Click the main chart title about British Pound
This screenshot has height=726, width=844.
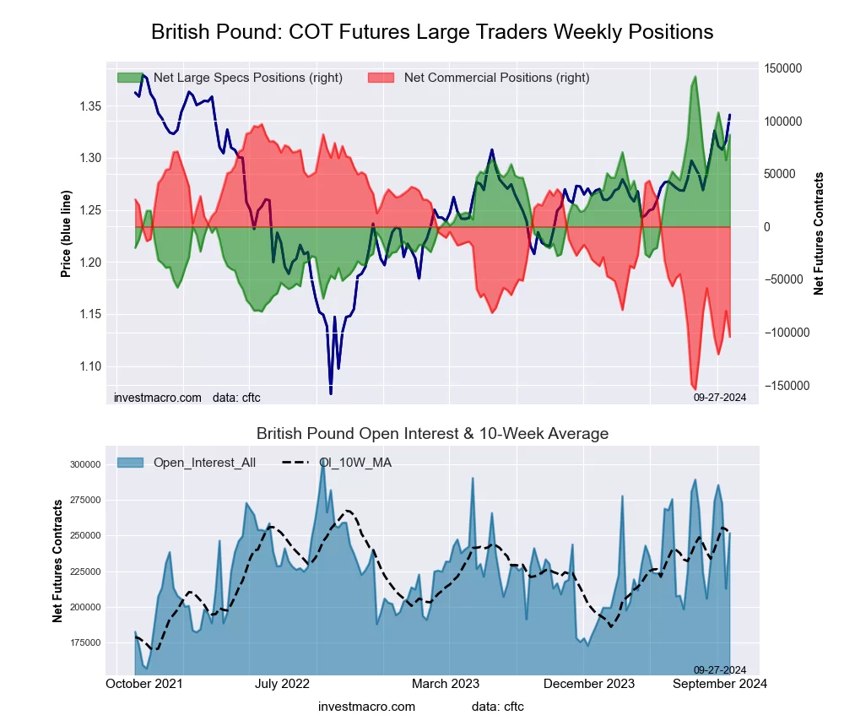[432, 32]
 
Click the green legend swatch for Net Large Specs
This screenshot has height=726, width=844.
[131, 78]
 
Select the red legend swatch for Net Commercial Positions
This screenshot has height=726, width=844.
[381, 78]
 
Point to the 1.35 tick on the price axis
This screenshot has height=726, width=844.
[87, 106]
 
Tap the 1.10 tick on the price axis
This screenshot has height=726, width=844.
[87, 366]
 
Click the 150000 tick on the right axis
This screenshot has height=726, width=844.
[784, 68]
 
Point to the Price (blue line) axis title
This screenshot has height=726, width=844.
[67, 235]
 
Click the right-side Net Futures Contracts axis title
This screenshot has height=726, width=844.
[819, 233]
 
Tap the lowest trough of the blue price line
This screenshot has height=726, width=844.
[331, 393]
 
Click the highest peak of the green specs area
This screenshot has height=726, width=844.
[695, 77]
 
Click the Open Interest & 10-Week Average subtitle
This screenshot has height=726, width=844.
[432, 434]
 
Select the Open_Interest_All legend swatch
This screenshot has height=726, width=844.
[131, 463]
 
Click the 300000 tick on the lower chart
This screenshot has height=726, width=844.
[85, 464]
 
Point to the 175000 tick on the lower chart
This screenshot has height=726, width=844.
[85, 642]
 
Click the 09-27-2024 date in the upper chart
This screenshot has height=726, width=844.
[720, 397]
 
